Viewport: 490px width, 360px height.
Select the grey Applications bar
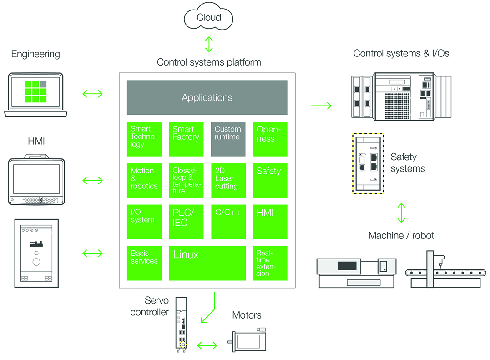pos(207,97)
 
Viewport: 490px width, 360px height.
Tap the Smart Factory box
pos(186,139)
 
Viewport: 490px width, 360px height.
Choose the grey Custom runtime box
pos(228,139)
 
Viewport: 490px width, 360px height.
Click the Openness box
pos(270,139)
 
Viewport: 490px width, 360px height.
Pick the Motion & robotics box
pos(144,181)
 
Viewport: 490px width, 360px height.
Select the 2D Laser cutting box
pos(228,181)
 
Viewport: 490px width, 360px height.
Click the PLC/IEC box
pos(186,222)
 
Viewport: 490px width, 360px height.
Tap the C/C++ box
pos(228,222)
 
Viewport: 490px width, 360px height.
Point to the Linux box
pos(207,263)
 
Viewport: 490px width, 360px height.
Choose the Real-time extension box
pos(270,263)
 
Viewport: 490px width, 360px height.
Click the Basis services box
pos(144,263)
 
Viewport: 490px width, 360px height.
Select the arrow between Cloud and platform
pos(209,45)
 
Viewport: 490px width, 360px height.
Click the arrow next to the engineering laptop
pos(92,94)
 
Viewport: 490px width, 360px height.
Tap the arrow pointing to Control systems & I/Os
pos(321,106)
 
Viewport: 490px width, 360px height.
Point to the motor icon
pos(249,340)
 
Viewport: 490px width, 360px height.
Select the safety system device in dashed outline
pos(368,163)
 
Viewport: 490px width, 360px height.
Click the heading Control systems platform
pos(209,62)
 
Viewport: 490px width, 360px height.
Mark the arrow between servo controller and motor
pos(207,345)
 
